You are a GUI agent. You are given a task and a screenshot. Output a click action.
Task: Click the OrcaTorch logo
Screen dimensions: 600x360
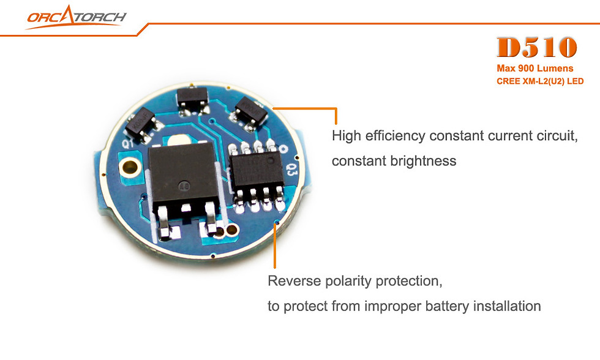(76, 17)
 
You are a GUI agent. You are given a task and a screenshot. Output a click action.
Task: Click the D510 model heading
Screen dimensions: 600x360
(536, 47)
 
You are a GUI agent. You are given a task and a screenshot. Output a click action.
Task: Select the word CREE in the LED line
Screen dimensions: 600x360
(508, 81)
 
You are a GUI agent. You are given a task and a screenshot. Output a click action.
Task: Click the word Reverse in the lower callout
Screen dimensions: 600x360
(294, 281)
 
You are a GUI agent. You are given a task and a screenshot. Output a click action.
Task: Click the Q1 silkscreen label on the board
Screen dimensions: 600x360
(127, 143)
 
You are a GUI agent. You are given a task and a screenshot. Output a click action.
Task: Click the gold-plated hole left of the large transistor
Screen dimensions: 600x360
(130, 167)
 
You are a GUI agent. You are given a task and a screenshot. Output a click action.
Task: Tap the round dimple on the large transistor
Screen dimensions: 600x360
(184, 186)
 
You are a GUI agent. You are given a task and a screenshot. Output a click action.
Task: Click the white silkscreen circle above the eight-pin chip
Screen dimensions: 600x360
(283, 148)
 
